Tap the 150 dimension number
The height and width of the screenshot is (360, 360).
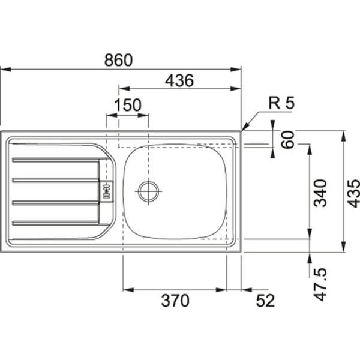[x=128, y=105]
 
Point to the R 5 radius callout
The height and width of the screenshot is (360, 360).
[x=281, y=103]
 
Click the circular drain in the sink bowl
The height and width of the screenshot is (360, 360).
[x=148, y=191]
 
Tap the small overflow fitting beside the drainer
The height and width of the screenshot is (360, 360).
[x=106, y=190]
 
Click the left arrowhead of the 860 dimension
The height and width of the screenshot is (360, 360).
[x=3, y=70]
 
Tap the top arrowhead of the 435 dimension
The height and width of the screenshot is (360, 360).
[x=343, y=133]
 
